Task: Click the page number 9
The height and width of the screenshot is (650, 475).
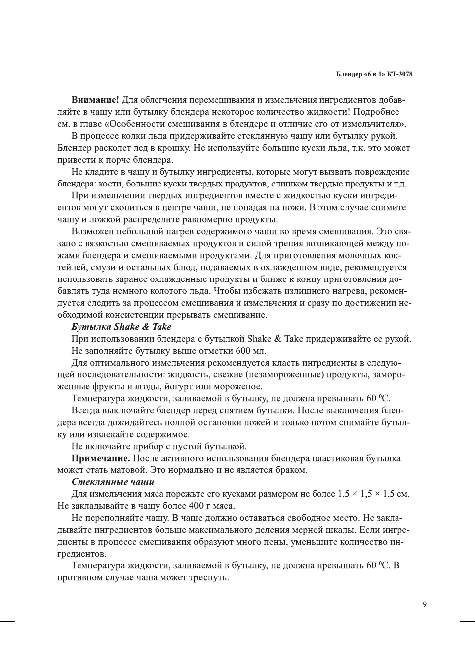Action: point(425,604)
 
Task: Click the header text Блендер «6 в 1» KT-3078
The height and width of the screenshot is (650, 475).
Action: point(374,74)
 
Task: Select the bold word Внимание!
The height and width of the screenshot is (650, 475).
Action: point(95,100)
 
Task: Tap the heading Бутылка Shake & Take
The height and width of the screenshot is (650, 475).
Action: point(121,327)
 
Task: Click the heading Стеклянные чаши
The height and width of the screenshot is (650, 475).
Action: point(113,482)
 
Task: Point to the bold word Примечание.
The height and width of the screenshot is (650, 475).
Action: point(101,458)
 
